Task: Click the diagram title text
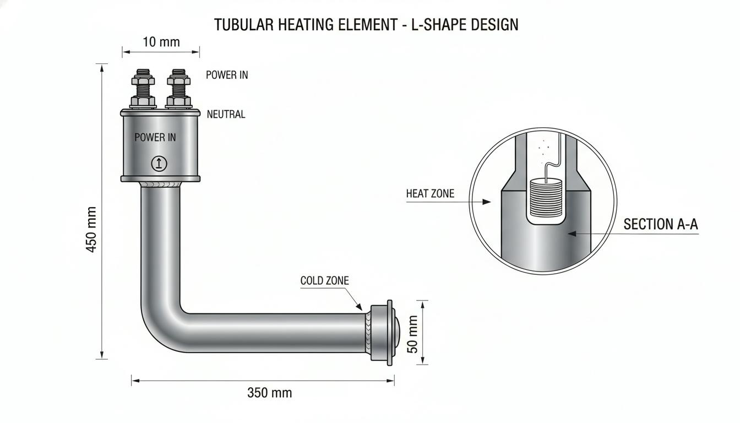[x=366, y=25]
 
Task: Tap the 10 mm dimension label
[x=161, y=42]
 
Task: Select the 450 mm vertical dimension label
[x=91, y=229]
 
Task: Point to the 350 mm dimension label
[x=270, y=393]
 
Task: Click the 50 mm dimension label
[x=412, y=334]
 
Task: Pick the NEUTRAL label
[x=226, y=115]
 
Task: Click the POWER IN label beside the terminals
[x=227, y=75]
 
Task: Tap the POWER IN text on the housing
[x=155, y=137]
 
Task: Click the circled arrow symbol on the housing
[x=159, y=164]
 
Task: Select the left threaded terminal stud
[x=143, y=89]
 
